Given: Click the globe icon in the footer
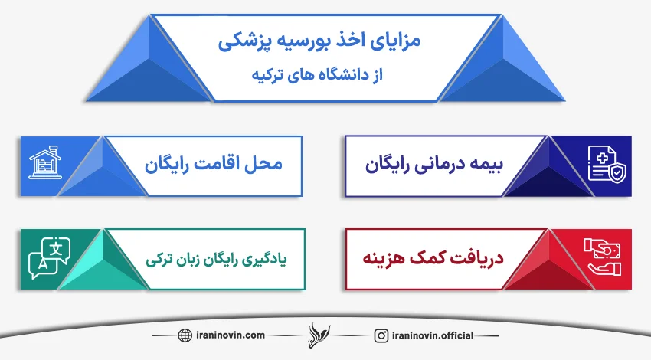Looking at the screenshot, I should click(185, 335).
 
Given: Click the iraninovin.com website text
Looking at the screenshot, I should click(229, 335).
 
